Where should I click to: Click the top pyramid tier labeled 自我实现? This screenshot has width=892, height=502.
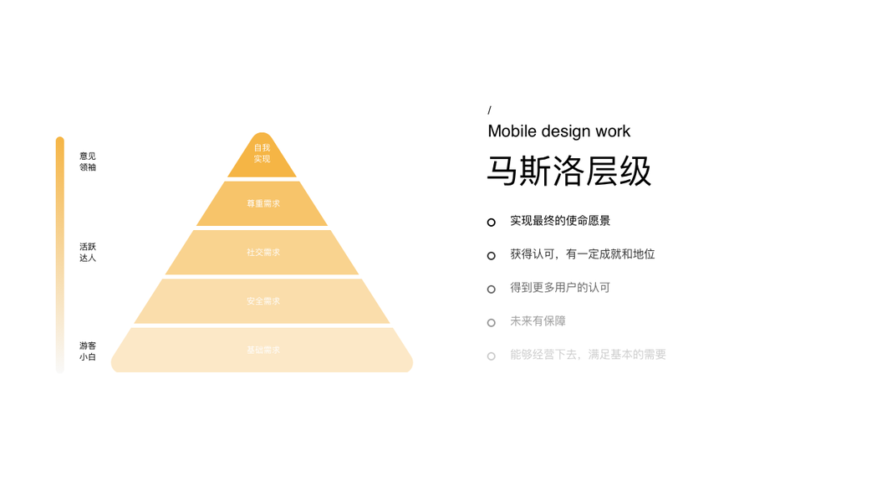coord(262,155)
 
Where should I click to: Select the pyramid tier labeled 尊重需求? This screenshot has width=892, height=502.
coord(263,204)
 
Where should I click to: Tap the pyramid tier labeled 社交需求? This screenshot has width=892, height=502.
coord(263,253)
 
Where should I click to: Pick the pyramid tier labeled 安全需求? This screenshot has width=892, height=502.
coord(263,301)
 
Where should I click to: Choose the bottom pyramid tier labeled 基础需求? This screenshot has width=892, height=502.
coord(263,351)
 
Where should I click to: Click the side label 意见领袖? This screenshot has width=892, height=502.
coord(88,161)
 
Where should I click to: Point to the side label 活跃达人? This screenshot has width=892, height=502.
coord(88,253)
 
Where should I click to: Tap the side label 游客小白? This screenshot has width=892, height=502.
coord(88,351)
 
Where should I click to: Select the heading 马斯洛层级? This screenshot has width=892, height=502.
coord(569,172)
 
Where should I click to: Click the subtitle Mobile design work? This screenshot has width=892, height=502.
coord(558,131)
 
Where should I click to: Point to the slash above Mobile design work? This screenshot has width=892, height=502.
coord(490,110)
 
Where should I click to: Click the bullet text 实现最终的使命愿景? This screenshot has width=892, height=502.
coord(560,221)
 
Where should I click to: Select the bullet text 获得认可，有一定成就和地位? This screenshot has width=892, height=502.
coord(582,254)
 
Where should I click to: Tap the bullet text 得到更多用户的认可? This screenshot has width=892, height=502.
coord(560,288)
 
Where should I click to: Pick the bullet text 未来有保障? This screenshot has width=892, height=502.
coord(538,321)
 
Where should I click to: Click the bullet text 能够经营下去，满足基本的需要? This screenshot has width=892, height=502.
coord(588,355)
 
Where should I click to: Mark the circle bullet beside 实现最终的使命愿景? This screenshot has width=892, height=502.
coord(492,223)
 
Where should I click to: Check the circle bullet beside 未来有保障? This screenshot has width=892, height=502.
coord(492,323)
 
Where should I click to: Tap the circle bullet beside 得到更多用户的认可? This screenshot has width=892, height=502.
coord(492,289)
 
